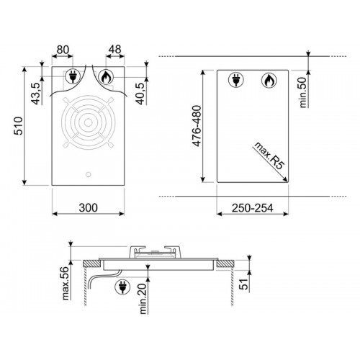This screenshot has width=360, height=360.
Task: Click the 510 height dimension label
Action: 19,126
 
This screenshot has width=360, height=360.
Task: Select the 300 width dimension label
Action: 88,208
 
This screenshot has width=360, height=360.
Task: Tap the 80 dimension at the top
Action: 63,50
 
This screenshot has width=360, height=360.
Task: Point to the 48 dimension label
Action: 114,50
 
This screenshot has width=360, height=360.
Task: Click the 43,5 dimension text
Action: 37,94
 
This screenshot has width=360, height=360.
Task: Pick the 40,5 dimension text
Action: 141,94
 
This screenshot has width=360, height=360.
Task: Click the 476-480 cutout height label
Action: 197,126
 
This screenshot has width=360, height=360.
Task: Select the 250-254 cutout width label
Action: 252,208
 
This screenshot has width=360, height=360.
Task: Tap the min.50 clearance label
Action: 303,92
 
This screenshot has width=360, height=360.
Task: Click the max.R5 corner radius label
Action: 269,156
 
